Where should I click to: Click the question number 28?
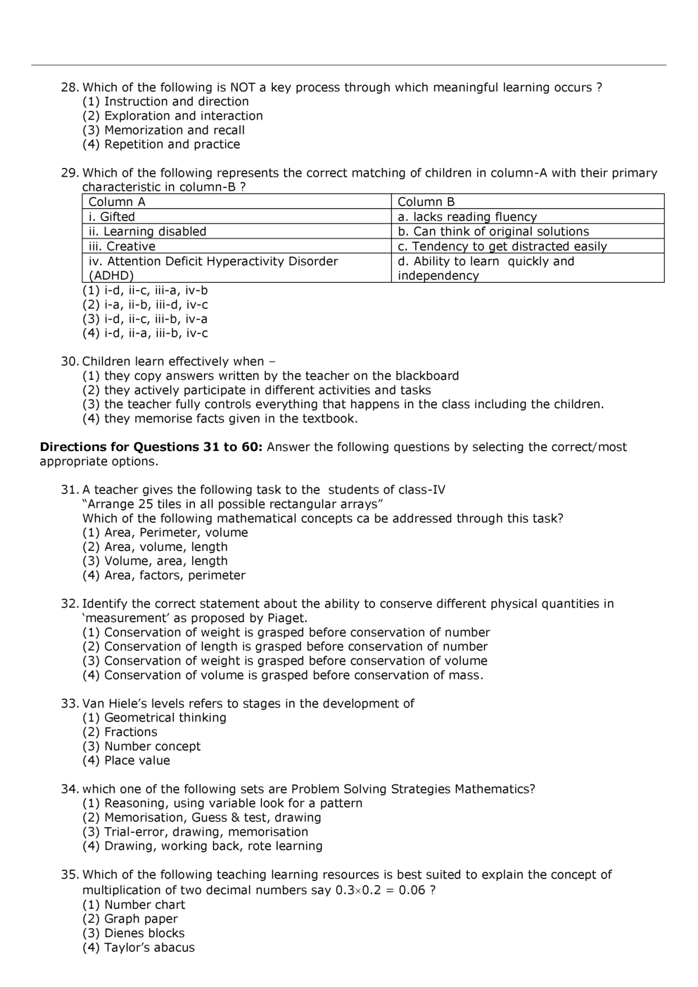pos(69,87)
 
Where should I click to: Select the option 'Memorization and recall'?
pos(174,130)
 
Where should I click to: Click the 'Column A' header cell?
pos(117,202)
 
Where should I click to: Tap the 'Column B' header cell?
pos(426,202)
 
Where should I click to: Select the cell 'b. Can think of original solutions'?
pos(493,231)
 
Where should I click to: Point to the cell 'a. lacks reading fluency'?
pos(467,217)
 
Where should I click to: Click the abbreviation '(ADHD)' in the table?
pos(111,276)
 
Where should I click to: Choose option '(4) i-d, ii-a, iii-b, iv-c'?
pos(145,333)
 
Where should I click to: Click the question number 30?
pos(69,362)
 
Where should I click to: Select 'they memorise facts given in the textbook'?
pos(230,419)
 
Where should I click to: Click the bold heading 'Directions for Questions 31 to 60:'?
pos(151,447)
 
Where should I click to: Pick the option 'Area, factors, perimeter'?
pos(174,575)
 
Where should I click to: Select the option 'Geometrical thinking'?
pos(165,718)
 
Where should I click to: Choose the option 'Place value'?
pos(137,760)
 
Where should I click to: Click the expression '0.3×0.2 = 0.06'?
pos(380,890)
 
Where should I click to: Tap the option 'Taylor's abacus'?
pos(149,948)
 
